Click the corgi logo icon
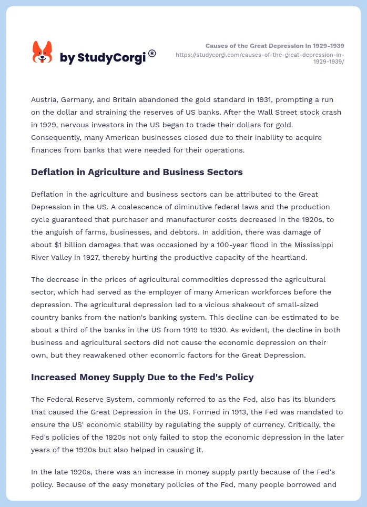pos(43,52)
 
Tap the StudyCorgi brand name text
pos(103,58)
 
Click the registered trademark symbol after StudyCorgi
pos(152,53)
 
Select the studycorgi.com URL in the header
pos(260,57)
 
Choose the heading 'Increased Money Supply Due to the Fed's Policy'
pos(142,377)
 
